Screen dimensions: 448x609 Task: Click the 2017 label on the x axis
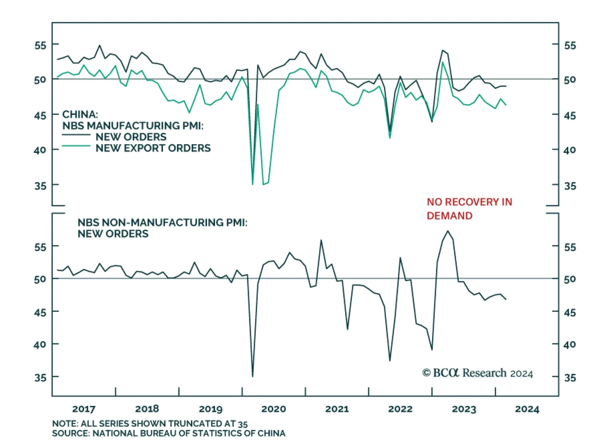84,409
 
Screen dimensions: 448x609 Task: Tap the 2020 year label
274,409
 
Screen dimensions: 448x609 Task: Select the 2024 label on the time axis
527,409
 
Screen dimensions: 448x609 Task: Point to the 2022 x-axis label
400,409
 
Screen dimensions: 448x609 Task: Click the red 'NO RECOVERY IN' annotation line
469,202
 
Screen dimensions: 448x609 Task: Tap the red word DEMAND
450,216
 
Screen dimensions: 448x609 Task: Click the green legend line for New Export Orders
76,146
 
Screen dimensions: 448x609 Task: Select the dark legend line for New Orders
76,135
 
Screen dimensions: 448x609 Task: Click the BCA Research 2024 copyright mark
478,373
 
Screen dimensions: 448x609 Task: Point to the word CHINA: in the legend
80,114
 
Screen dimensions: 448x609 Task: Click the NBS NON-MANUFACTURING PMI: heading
163,222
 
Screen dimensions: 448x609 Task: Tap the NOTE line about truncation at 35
150,424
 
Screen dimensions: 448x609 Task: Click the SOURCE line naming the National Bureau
169,433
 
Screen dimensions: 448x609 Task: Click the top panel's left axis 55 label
40,46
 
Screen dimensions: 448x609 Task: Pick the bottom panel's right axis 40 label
570,344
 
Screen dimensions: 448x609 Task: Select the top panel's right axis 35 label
570,186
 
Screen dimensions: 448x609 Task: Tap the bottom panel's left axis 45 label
40,312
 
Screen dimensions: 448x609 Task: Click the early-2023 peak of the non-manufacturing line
448,231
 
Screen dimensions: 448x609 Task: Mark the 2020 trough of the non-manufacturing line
253,376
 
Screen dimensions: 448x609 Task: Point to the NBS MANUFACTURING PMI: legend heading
133,126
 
